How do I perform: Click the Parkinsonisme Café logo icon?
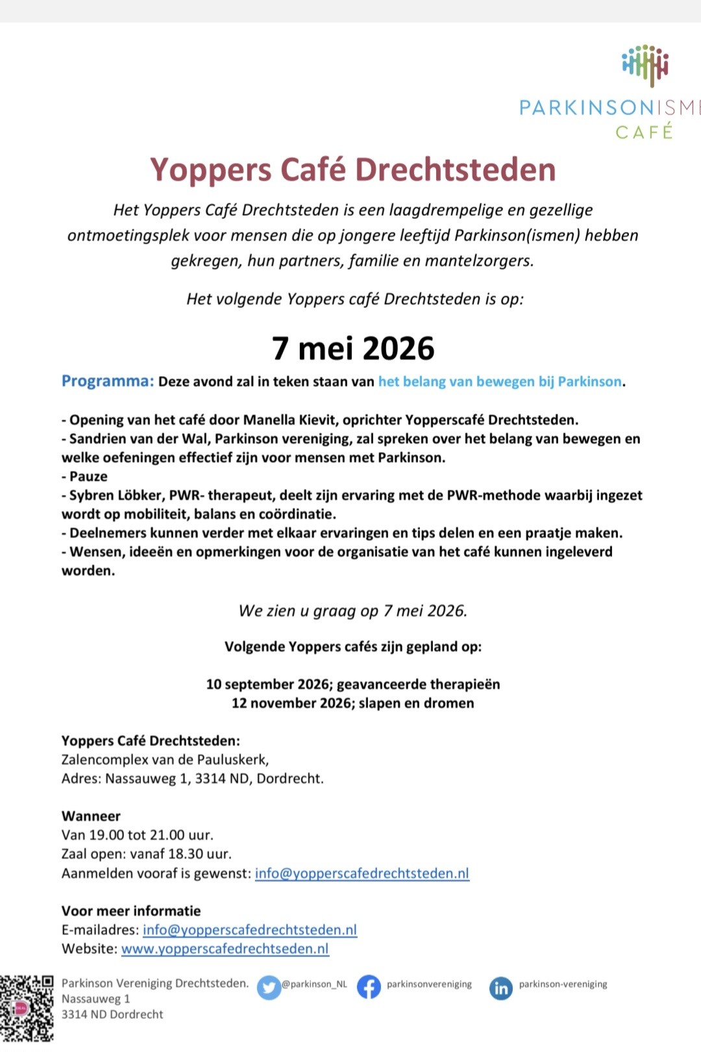[645, 65]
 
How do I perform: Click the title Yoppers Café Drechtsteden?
[353, 170]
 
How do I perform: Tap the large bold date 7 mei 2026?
[353, 348]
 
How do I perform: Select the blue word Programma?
[107, 381]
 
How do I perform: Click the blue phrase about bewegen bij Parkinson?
[500, 382]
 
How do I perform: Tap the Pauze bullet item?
[88, 477]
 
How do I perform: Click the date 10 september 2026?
[267, 684]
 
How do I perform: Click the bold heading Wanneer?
[91, 816]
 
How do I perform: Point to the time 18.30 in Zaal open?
[186, 854]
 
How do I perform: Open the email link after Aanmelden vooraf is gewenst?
[362, 873]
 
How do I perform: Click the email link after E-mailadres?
[250, 930]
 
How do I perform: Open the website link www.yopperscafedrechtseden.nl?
[225, 949]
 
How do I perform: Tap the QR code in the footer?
[27, 1008]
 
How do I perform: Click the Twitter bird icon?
[269, 987]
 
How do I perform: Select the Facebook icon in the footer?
[369, 987]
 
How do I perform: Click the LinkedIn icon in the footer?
[500, 988]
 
